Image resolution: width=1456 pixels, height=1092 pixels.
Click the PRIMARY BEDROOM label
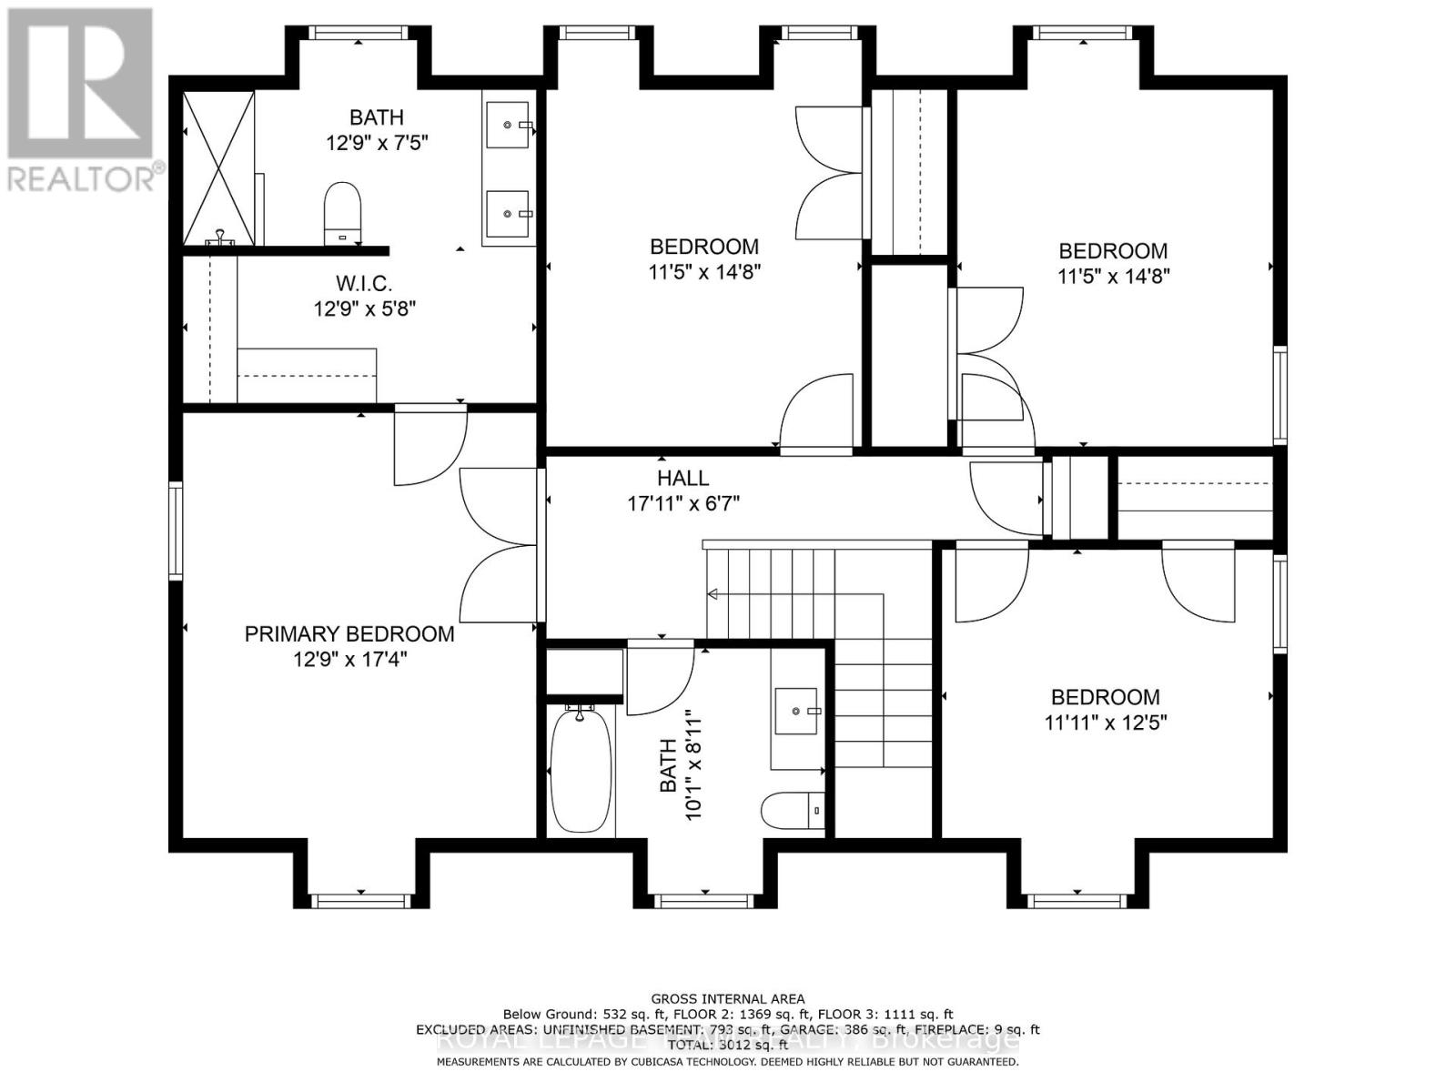pyautogui.click(x=349, y=634)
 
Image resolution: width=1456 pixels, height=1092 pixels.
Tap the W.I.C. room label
pyautogui.click(x=364, y=284)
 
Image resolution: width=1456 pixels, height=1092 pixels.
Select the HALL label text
pyautogui.click(x=682, y=478)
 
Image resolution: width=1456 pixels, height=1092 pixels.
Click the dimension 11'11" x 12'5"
pyautogui.click(x=1106, y=723)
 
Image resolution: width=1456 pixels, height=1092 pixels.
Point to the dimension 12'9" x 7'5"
pyautogui.click(x=377, y=143)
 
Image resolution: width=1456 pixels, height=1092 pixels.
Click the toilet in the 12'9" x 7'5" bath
pyautogui.click(x=343, y=213)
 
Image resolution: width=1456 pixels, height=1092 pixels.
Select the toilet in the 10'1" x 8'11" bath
pyautogui.click(x=793, y=810)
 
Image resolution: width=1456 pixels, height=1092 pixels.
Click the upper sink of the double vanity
pyautogui.click(x=508, y=125)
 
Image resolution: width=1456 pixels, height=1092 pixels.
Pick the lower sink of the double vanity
pyautogui.click(x=508, y=214)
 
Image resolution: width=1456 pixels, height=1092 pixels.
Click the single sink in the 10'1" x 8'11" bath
pyautogui.click(x=797, y=711)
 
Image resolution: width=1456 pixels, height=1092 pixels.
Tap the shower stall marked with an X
pyautogui.click(x=219, y=168)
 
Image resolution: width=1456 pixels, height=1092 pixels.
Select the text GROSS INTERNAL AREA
pyautogui.click(x=727, y=998)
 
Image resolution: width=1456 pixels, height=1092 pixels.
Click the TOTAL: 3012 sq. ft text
pyautogui.click(x=727, y=1046)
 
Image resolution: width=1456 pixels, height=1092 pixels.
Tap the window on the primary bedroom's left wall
pyautogui.click(x=176, y=531)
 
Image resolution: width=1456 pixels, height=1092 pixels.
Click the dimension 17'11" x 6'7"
pyautogui.click(x=682, y=502)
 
